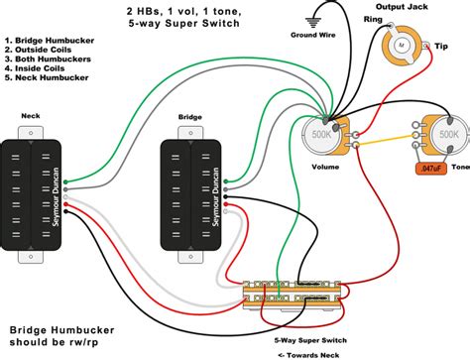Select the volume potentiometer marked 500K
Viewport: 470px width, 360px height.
pos(318,136)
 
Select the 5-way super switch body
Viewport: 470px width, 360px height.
pos(294,294)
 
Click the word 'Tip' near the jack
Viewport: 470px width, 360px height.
pos(439,45)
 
